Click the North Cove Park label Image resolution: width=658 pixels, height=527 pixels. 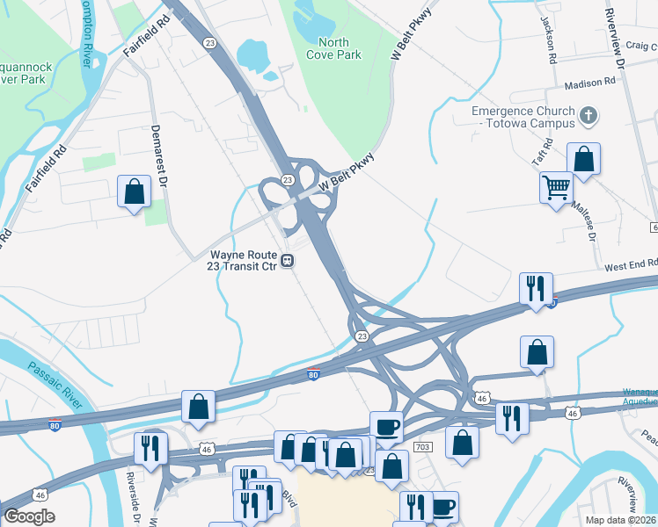click(x=333, y=48)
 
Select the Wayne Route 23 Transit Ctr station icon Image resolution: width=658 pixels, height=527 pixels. click(x=288, y=261)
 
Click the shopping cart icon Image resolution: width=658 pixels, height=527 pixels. click(x=556, y=186)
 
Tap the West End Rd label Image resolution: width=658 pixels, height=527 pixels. click(x=631, y=263)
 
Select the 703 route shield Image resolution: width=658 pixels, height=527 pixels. click(x=422, y=447)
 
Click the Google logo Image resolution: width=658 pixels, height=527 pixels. click(x=29, y=516)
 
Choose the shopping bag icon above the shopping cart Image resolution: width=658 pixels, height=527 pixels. click(x=583, y=159)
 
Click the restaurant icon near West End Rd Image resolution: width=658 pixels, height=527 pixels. click(x=535, y=287)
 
